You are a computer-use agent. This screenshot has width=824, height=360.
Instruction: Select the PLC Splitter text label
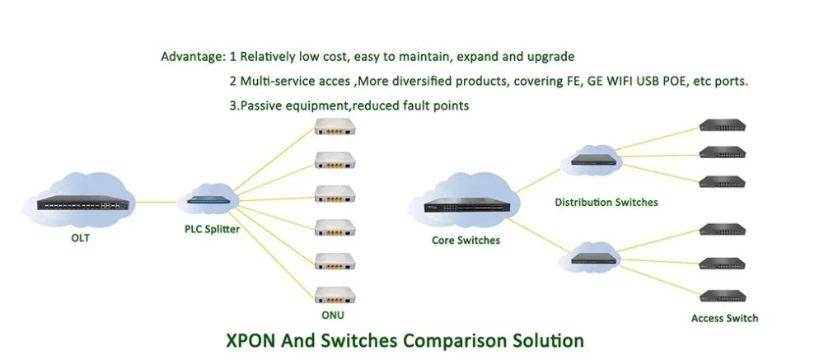click(x=213, y=229)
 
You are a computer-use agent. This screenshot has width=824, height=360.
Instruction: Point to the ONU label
click(x=333, y=315)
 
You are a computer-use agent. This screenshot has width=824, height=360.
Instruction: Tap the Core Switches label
click(x=466, y=241)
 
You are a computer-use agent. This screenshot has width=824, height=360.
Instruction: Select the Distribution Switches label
click(x=606, y=202)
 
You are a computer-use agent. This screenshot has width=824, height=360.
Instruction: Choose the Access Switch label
click(x=725, y=318)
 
